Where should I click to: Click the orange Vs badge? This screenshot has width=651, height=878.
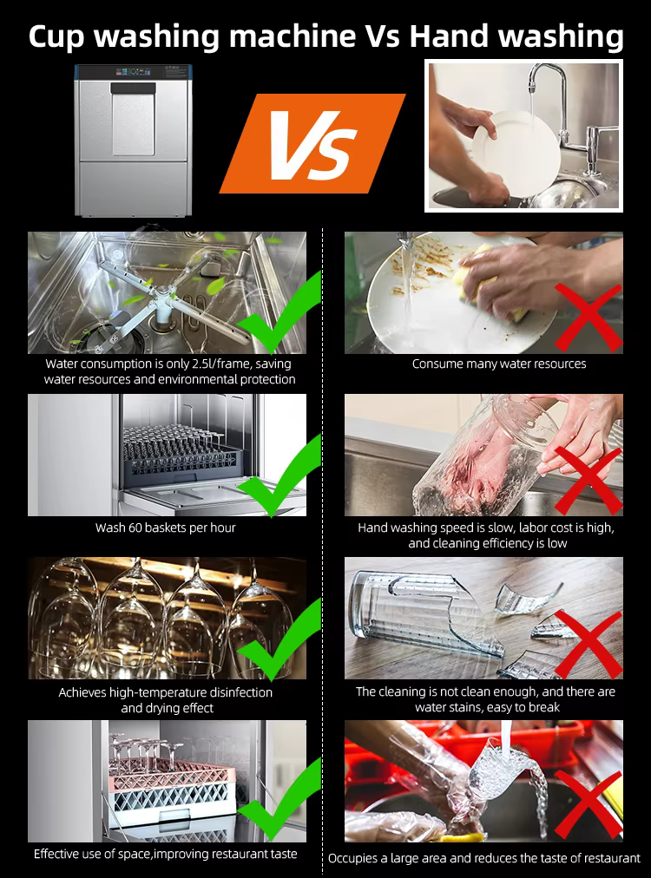pos(312,143)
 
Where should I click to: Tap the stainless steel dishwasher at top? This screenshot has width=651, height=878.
pos(132,141)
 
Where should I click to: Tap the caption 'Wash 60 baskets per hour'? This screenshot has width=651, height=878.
pos(165,527)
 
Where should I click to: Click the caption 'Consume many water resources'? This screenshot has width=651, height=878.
pos(499,364)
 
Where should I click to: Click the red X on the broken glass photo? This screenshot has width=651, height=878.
pos(588,642)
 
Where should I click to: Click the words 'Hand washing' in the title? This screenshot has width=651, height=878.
pos(516,36)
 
